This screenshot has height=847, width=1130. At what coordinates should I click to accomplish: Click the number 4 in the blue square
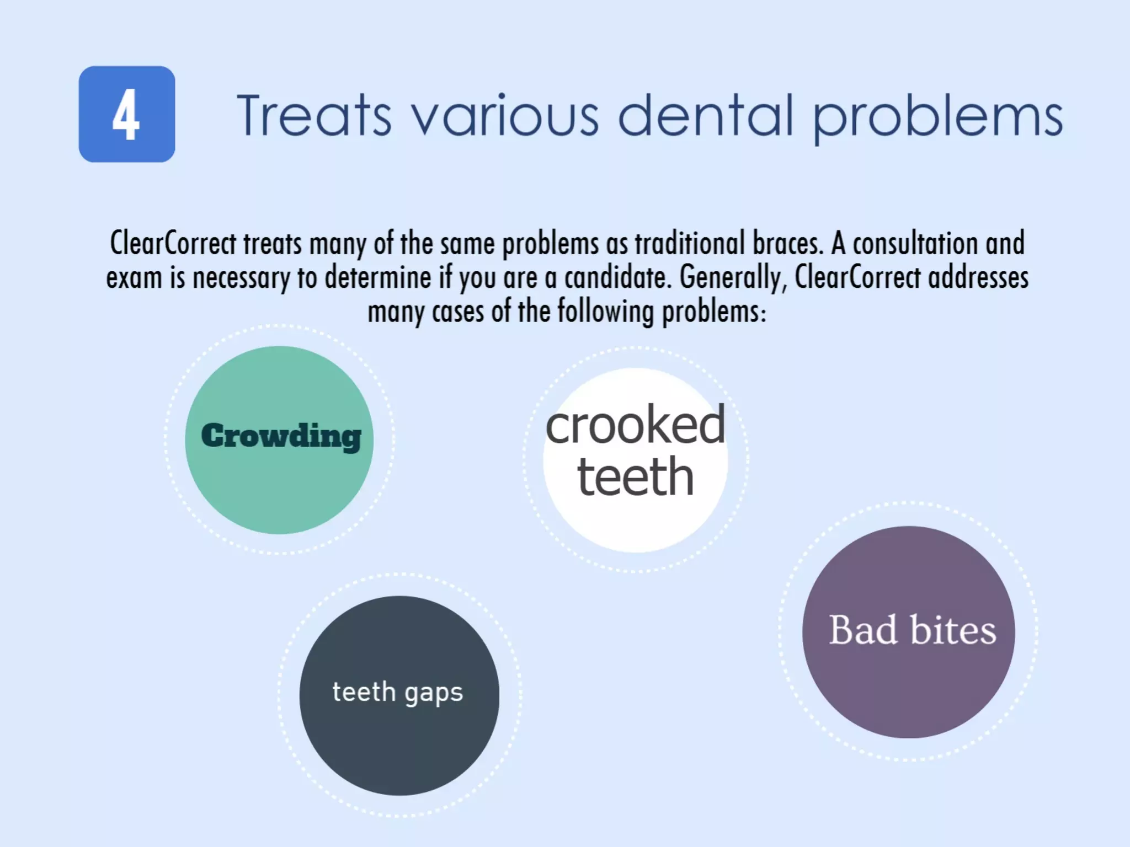tap(126, 115)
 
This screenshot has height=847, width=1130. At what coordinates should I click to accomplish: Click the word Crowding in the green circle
tap(281, 437)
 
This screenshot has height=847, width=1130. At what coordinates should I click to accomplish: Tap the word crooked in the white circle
tap(635, 425)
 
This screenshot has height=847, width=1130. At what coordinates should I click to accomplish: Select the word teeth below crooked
tap(635, 477)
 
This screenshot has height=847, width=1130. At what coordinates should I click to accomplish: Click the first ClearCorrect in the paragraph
tap(173, 243)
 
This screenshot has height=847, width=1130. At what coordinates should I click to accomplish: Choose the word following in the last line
tap(605, 312)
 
